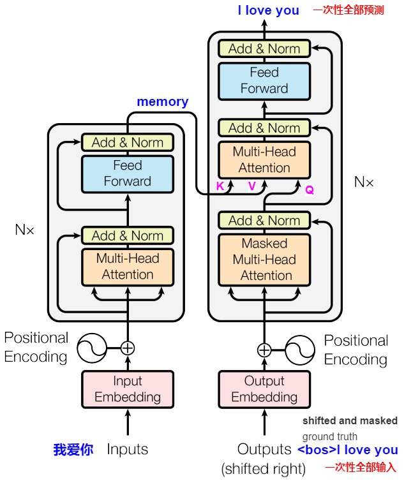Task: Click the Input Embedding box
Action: click(128, 389)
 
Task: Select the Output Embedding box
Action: click(264, 389)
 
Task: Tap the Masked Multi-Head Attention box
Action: click(264, 260)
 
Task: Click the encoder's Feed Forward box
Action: click(128, 174)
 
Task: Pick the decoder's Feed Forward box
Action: click(264, 80)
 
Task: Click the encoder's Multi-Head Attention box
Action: click(128, 267)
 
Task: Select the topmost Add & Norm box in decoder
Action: click(264, 48)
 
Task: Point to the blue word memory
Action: click(163, 102)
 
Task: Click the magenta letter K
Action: click(220, 187)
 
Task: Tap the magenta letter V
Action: click(252, 187)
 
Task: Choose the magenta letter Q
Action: click(310, 190)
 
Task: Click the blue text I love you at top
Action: click(268, 10)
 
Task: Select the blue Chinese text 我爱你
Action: click(73, 450)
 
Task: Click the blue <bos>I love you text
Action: click(347, 450)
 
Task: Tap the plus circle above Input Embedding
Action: click(128, 348)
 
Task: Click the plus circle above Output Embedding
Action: click(264, 350)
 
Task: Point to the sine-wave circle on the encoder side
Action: click(92, 348)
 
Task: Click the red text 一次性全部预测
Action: click(348, 11)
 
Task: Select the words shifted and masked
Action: click(350, 421)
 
